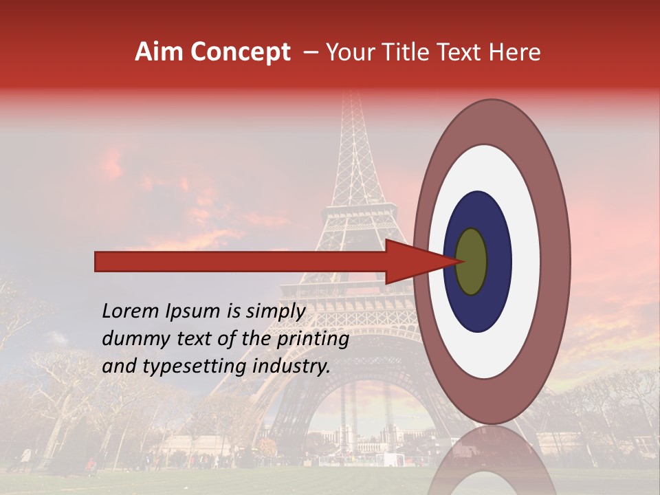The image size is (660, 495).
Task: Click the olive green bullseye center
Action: click(x=472, y=262)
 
